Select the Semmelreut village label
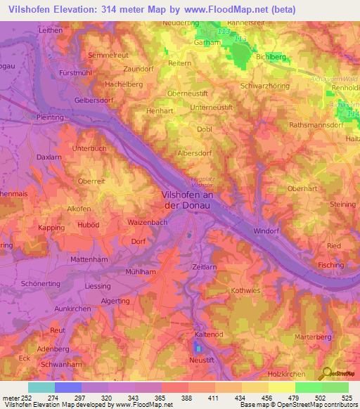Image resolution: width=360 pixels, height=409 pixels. [x=108, y=54]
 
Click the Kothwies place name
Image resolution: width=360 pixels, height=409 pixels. [x=245, y=290]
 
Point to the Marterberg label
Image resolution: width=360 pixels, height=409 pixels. [x=314, y=337]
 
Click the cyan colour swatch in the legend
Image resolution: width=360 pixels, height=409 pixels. [x=41, y=387]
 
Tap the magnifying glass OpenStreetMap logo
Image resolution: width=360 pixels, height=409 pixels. [x=326, y=372]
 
